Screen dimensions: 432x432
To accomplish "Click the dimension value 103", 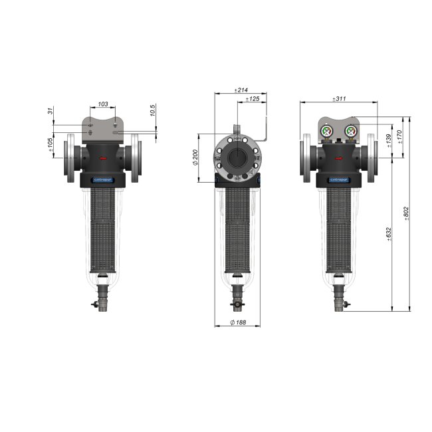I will tap(103, 104).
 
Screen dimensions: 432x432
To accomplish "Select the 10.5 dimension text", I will tap(153, 111).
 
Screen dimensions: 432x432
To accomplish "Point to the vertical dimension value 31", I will tap(51, 111).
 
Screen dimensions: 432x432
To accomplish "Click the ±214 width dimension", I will tap(241, 90).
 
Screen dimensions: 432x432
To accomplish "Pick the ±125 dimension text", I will tap(253, 99).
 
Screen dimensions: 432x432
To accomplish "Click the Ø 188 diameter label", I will tap(238, 322).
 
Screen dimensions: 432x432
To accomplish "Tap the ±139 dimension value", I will tap(389, 141).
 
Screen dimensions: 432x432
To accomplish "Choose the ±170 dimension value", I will tap(399, 137).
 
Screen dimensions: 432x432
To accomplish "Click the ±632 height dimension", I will tap(389, 235).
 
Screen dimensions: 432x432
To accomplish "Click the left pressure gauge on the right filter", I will tap(328, 130).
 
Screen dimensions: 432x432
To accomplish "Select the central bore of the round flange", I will tap(237, 158).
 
